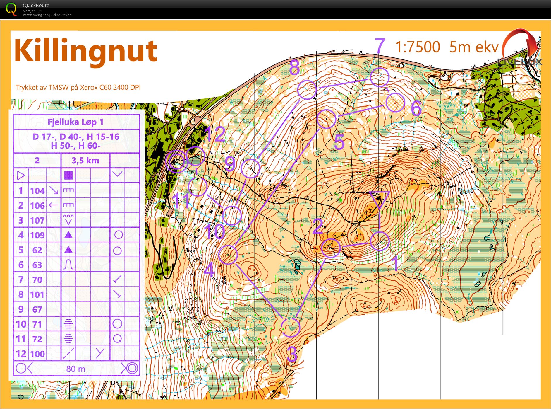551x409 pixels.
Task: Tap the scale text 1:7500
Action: click(418, 47)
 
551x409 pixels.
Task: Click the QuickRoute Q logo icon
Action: click(11, 9)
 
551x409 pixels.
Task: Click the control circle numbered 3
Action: click(291, 327)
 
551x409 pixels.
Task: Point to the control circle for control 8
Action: click(307, 89)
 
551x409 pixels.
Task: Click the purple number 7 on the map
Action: click(380, 46)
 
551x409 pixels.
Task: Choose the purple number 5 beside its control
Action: click(339, 142)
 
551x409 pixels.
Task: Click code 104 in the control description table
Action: click(37, 191)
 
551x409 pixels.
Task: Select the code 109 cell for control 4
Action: click(37, 235)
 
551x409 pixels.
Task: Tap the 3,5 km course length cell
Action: click(85, 161)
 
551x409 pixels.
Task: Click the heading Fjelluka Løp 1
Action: click(76, 122)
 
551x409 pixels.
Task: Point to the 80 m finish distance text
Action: click(76, 369)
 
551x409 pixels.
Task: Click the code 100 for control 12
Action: click(37, 354)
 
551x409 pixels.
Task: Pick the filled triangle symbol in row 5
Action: click(68, 250)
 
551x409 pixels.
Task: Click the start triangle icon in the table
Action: click(21, 175)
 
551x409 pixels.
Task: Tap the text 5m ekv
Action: click(474, 47)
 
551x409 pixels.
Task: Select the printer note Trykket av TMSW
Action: click(78, 87)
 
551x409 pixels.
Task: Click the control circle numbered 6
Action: click(395, 102)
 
